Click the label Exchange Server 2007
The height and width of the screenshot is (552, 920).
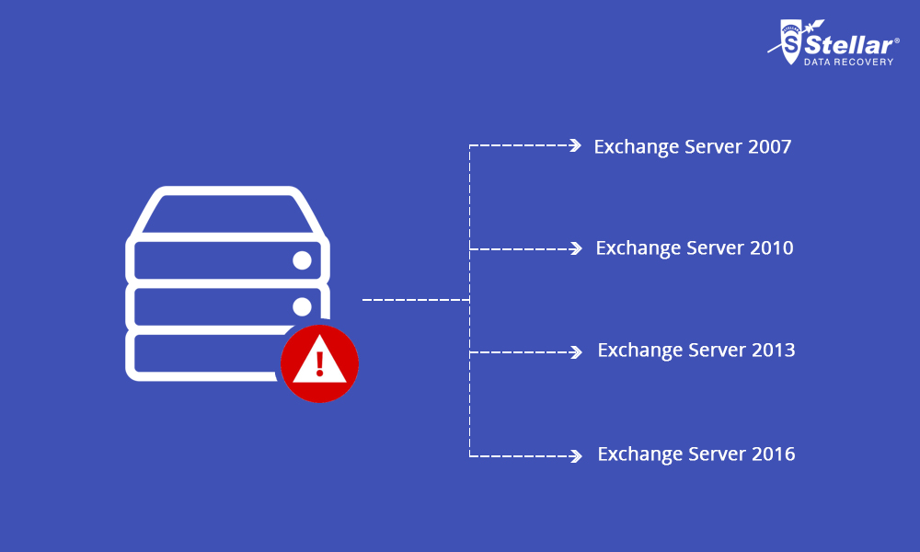point(692,146)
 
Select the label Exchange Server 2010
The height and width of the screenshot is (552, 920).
point(694,248)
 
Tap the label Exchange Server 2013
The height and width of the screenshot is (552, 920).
point(696,351)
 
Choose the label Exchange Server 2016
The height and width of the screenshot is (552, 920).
point(696,454)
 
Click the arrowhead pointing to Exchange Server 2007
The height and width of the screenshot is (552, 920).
point(576,145)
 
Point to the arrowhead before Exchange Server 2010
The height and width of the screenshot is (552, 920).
point(576,248)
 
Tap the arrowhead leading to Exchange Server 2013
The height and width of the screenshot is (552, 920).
point(576,351)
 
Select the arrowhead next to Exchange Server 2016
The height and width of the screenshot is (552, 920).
point(576,454)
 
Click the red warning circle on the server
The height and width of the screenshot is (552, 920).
point(319,363)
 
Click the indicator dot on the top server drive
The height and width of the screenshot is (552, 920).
point(302,260)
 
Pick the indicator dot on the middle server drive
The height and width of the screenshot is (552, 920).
point(302,305)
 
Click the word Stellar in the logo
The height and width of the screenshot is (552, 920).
point(848,44)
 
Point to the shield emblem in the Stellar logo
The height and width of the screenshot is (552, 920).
point(788,42)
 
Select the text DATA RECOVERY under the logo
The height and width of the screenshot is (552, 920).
point(847,63)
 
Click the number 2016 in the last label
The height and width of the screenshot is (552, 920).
point(773,454)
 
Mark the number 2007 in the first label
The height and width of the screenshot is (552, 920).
point(769,146)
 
